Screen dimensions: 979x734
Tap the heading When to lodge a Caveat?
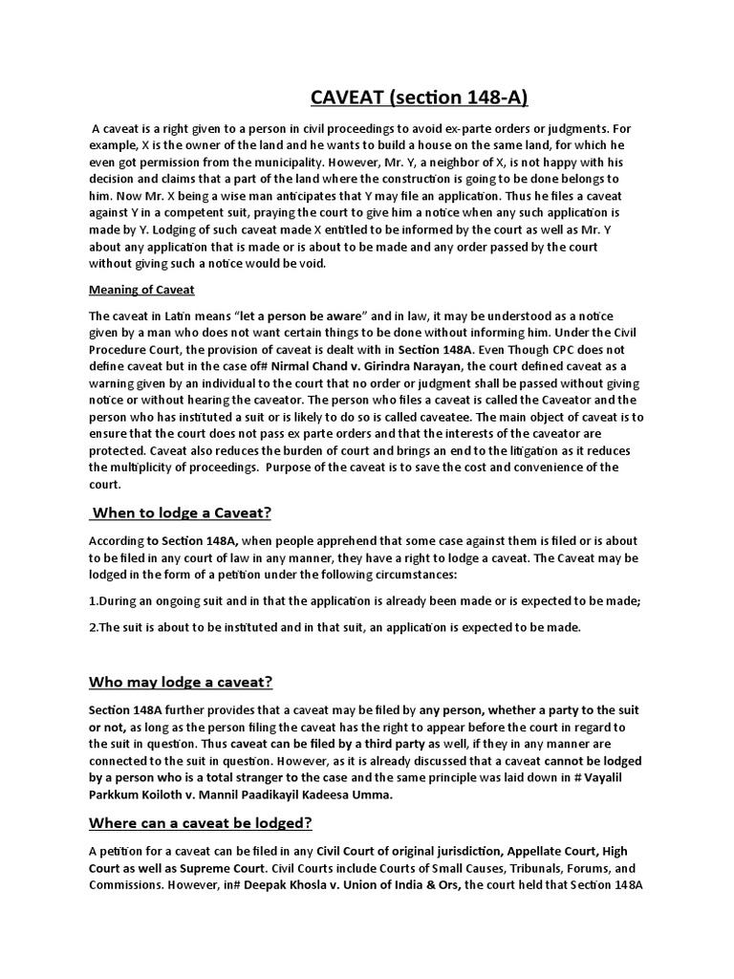[182, 513]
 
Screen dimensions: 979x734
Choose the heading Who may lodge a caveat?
[181, 682]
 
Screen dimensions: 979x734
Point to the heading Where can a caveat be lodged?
[201, 823]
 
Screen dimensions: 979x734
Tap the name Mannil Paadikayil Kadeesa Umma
[287, 794]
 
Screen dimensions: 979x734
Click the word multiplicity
[158, 468]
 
